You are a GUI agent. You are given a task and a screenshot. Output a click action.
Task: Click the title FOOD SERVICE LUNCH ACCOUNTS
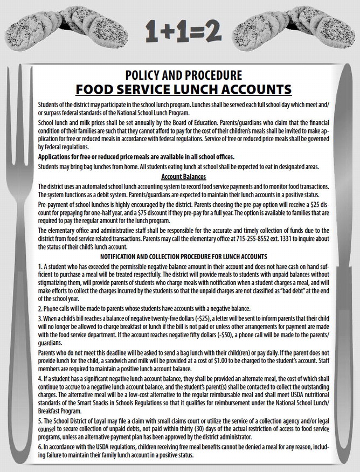pos(183,89)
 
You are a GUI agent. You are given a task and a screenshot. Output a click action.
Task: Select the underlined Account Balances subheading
pos(183,176)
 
